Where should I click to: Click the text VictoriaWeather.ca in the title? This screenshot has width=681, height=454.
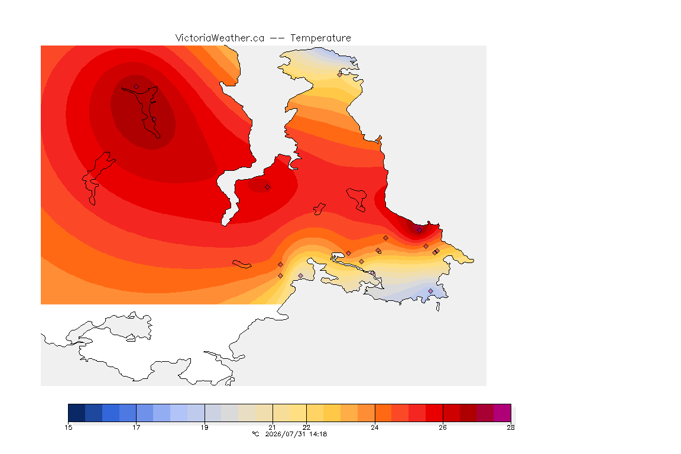coord(220,38)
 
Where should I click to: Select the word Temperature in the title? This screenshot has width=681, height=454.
coord(320,38)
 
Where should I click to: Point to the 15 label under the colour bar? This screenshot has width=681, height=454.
coord(68,427)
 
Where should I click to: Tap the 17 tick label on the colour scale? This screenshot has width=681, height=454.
coord(137,427)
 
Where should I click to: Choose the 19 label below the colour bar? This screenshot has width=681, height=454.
coord(205,427)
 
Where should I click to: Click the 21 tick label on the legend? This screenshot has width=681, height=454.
coord(273,427)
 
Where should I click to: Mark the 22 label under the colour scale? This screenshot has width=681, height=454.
coord(307,427)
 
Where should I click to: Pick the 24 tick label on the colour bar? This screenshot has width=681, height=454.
coord(375,427)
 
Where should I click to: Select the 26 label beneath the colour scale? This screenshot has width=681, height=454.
coord(443,427)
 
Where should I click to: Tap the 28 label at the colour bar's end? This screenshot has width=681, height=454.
coord(511,427)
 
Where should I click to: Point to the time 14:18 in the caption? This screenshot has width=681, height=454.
coord(318,434)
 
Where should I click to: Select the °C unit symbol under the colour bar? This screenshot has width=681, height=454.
coord(255,434)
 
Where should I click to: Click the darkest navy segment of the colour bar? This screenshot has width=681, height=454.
coord(77,413)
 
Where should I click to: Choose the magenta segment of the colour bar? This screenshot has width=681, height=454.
coord(502,413)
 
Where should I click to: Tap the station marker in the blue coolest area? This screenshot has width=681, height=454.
coord(430,291)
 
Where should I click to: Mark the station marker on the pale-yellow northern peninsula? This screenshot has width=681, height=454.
coord(340,74)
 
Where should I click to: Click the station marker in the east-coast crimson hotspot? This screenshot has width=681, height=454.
coord(419,231)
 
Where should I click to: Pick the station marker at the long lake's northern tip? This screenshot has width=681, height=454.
coord(137,87)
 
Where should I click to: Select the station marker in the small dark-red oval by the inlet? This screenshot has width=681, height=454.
coord(268,187)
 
